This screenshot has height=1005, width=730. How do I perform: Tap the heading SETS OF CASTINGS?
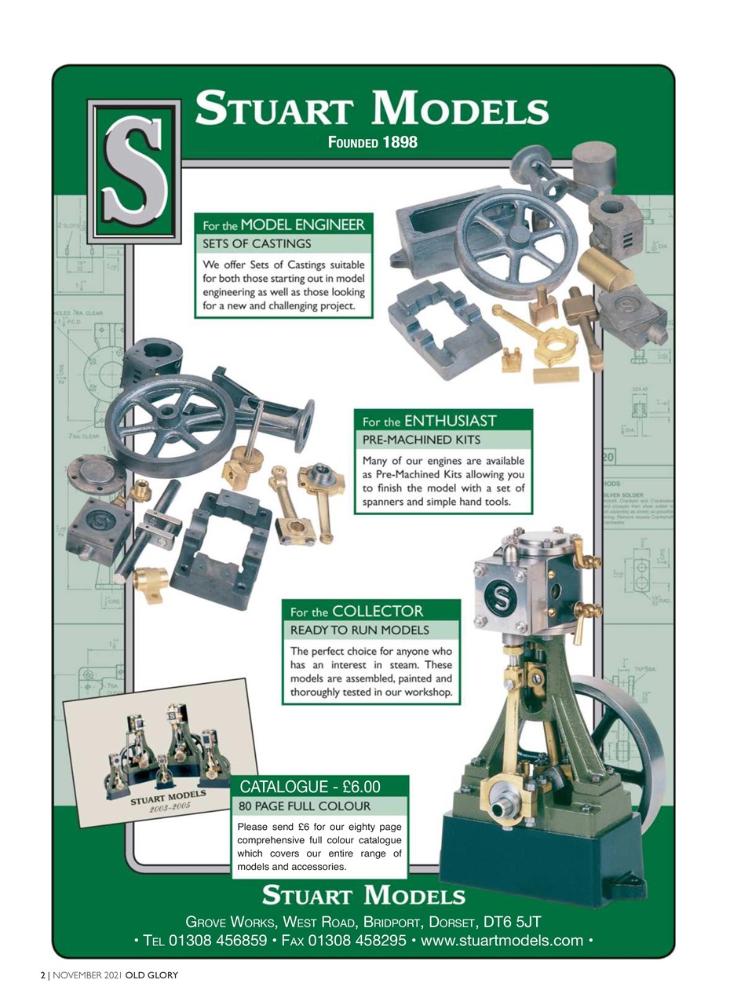click(258, 243)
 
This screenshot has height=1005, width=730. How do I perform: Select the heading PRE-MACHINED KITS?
click(419, 440)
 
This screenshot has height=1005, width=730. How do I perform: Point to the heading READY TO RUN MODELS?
click(360, 630)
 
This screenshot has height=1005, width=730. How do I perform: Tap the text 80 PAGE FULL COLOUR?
click(304, 806)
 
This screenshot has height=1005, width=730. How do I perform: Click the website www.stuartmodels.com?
click(502, 940)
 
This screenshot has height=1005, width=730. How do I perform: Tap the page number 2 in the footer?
click(43, 975)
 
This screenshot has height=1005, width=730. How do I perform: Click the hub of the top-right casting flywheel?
click(516, 235)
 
